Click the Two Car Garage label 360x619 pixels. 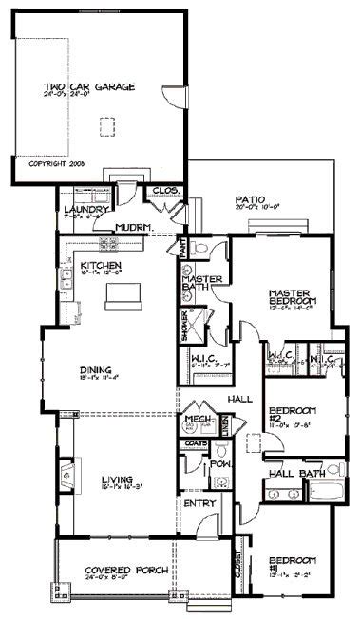[89, 86]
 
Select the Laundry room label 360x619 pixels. [83, 209]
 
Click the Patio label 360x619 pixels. [255, 200]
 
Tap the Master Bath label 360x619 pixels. [202, 281]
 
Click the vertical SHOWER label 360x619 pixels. [184, 326]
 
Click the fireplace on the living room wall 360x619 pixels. [65, 472]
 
